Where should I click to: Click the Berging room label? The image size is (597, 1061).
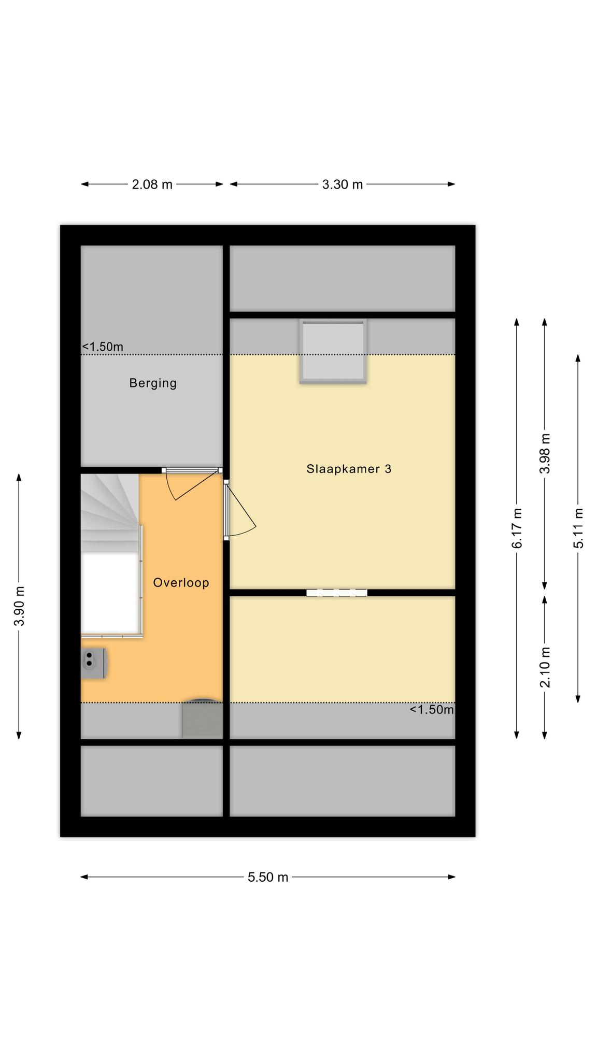(153, 383)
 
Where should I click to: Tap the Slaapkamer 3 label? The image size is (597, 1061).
(349, 469)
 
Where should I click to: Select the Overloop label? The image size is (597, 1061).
(181, 583)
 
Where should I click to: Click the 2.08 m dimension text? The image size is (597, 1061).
(152, 184)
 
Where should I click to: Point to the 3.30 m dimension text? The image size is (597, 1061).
(343, 184)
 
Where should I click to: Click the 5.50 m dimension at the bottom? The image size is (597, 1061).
(268, 877)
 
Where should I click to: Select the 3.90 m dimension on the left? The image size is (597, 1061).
(20, 606)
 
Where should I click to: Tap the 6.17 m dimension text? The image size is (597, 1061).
(517, 528)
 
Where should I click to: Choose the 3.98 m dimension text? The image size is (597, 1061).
(545, 453)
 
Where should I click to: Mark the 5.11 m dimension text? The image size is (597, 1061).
(578, 528)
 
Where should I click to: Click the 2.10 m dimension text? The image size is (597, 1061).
(545, 667)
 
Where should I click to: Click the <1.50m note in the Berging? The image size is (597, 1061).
(103, 347)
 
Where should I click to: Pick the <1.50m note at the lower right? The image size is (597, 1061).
(432, 710)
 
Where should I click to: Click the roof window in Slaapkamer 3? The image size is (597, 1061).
(333, 351)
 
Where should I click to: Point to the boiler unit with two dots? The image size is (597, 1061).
(94, 663)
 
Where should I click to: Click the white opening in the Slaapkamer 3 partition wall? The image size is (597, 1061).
(337, 593)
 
